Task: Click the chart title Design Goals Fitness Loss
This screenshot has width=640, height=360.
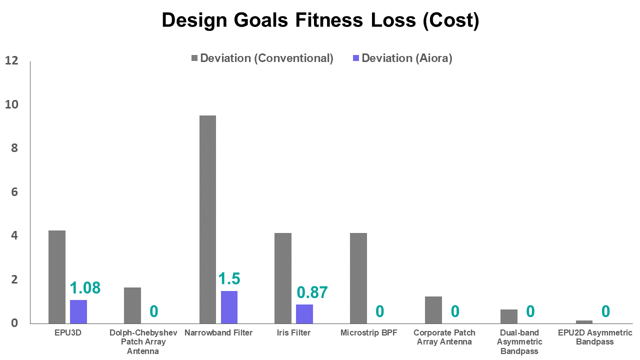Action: (320, 20)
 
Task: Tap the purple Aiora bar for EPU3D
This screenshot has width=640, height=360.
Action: (78, 311)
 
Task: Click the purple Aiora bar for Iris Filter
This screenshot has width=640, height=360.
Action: (304, 313)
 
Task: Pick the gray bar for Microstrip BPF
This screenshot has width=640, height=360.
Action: (358, 278)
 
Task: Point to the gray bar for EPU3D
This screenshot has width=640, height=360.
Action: (57, 276)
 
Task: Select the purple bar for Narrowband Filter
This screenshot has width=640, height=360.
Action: (229, 306)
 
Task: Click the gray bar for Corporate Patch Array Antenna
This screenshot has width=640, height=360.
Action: (433, 309)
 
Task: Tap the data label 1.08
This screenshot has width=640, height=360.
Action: (85, 288)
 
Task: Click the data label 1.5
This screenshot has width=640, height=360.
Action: (229, 278)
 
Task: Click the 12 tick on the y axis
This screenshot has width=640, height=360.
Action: (11, 61)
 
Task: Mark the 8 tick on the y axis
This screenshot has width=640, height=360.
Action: (14, 148)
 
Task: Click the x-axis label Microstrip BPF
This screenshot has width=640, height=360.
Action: (368, 333)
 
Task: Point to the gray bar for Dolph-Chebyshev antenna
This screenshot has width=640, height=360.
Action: (132, 305)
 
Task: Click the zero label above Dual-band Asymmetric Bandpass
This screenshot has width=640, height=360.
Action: (530, 311)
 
